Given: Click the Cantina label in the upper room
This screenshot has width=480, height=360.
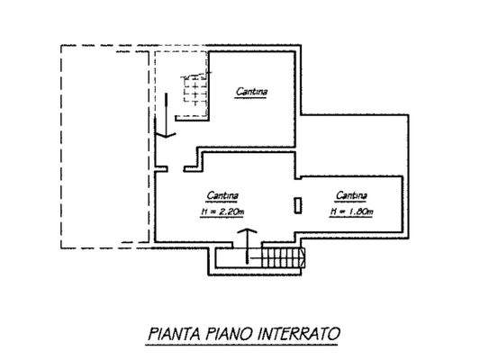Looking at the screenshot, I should coord(252,91).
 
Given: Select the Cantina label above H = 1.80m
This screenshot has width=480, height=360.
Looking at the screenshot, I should coord(351,195).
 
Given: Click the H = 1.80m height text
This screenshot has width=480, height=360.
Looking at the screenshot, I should coord(351,211).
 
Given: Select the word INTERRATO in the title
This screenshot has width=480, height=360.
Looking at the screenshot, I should coord(302,333).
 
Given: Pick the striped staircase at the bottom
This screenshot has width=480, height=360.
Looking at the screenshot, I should coord(279,259).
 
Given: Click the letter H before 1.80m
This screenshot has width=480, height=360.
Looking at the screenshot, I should coord(333,211).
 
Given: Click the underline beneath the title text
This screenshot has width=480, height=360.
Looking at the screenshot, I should coord(243,343).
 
